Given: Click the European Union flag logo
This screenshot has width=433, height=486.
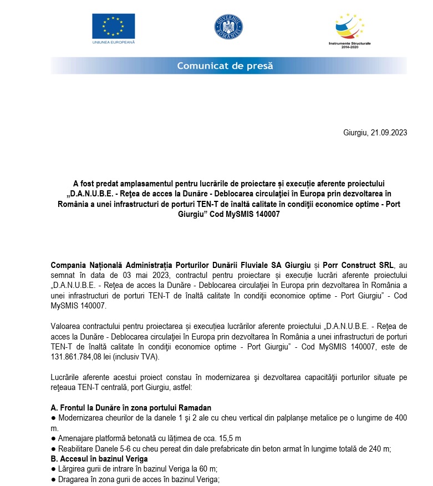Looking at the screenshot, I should coord(113,26).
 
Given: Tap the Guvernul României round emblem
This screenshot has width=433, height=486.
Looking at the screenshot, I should coord(228,27).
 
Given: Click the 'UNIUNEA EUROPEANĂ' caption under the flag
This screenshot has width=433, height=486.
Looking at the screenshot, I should coord(113,42).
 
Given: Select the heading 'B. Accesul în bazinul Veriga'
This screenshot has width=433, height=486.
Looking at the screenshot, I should coord(99,459).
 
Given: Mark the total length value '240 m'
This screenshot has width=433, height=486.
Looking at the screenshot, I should coord(379,449).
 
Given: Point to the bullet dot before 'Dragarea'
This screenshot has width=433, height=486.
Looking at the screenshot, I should coord(53,480).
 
